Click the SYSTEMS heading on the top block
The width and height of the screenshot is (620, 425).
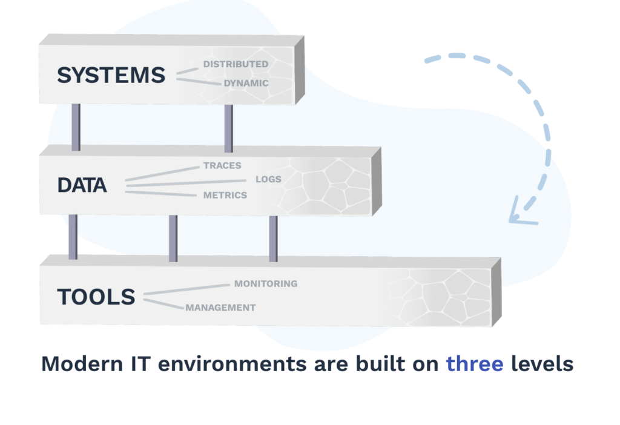111,76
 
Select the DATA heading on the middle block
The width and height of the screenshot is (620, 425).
82,185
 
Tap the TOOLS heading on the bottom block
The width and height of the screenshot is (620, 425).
96,297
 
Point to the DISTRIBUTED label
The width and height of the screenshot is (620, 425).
236,64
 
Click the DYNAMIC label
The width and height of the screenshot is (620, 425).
246,84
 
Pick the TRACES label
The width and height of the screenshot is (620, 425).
222,165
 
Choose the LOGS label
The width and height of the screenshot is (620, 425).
268,179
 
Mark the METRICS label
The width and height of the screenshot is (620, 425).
225,195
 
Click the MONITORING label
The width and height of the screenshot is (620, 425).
266,283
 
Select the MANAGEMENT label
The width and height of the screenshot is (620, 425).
220,308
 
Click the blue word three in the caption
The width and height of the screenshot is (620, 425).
475,364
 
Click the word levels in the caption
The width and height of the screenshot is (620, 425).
542,364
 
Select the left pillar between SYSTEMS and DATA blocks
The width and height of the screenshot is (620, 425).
76,127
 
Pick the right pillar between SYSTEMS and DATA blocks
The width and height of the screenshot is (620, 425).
228,128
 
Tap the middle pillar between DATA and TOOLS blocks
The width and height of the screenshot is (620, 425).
173,238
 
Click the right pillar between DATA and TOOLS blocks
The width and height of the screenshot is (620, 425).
273,238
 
